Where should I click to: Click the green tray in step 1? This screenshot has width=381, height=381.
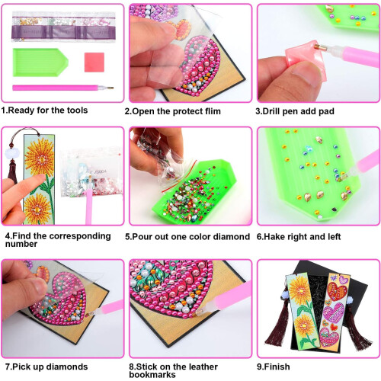coord(40,62)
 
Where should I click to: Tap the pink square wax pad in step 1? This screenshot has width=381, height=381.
coord(94,62)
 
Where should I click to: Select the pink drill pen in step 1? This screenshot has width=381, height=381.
coord(62,88)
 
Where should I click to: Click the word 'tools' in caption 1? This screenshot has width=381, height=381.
coord(77,110)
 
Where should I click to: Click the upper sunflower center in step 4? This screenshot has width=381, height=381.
coord(41,159)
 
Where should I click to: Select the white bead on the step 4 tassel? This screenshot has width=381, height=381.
coord(12,154)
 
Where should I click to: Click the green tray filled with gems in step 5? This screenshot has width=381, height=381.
coord(194,191)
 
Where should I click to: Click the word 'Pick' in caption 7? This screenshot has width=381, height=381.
coord(21,367)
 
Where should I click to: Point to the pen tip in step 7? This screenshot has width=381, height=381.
coord(88,315)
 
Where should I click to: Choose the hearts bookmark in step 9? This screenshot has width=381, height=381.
coord(335,309)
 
